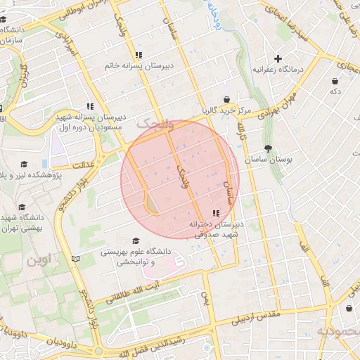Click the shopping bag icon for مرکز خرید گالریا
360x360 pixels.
pos(227,100)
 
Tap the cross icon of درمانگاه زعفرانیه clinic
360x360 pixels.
pos(278,58)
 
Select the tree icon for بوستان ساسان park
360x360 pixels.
pos(268,148)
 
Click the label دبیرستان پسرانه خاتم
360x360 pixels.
pos(139,65)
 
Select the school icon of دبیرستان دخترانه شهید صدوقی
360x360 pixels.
pos(215,212)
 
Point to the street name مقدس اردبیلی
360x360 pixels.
pos(257,320)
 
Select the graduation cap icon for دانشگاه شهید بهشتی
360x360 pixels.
pos(21,207)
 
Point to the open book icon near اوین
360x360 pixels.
pos(76,259)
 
